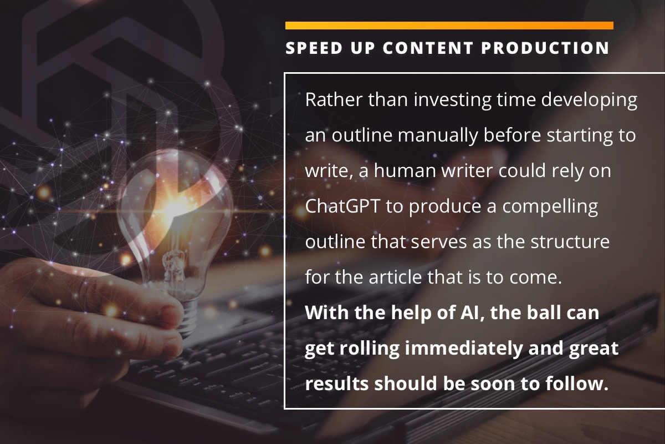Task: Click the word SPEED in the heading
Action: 314,48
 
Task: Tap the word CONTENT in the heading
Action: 427,48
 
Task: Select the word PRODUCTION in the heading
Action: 545,48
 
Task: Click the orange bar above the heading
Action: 449,26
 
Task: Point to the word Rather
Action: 334,99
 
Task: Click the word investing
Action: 453,100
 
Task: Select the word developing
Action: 589,100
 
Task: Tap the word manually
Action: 438,136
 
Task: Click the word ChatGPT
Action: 342,206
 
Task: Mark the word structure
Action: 570,242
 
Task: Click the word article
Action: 395,277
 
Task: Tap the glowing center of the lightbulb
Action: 172,205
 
